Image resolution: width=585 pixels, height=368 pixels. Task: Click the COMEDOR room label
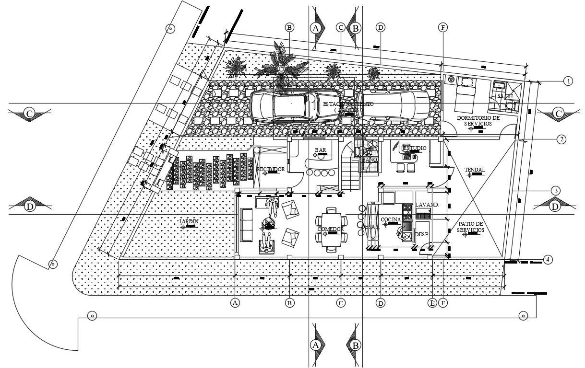pyautogui.click(x=331, y=230)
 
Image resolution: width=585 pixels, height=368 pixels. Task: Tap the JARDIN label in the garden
pyautogui.click(x=189, y=221)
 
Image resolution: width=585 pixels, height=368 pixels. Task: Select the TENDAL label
pyautogui.click(x=475, y=170)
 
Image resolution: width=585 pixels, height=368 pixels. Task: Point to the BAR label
pyautogui.click(x=321, y=150)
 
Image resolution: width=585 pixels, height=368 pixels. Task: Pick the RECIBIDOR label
pyautogui.click(x=271, y=170)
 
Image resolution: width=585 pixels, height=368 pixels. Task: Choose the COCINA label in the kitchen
pyautogui.click(x=391, y=220)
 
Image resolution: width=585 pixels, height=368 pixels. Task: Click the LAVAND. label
pyautogui.click(x=427, y=205)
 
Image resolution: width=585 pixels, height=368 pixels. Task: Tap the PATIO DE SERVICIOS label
pyautogui.click(x=470, y=227)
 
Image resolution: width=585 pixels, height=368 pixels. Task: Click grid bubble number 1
pyautogui.click(x=568, y=81)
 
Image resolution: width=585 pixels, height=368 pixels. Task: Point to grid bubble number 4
pyautogui.click(x=548, y=260)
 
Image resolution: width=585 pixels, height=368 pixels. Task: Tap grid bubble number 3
pyautogui.click(x=555, y=190)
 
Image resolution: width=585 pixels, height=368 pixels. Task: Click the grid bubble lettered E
pyautogui.click(x=432, y=302)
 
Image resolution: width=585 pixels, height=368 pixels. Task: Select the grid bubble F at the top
pyautogui.click(x=442, y=27)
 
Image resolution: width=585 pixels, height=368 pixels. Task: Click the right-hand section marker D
pyautogui.click(x=555, y=207)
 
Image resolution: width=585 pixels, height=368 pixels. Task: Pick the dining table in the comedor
pyautogui.click(x=330, y=229)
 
